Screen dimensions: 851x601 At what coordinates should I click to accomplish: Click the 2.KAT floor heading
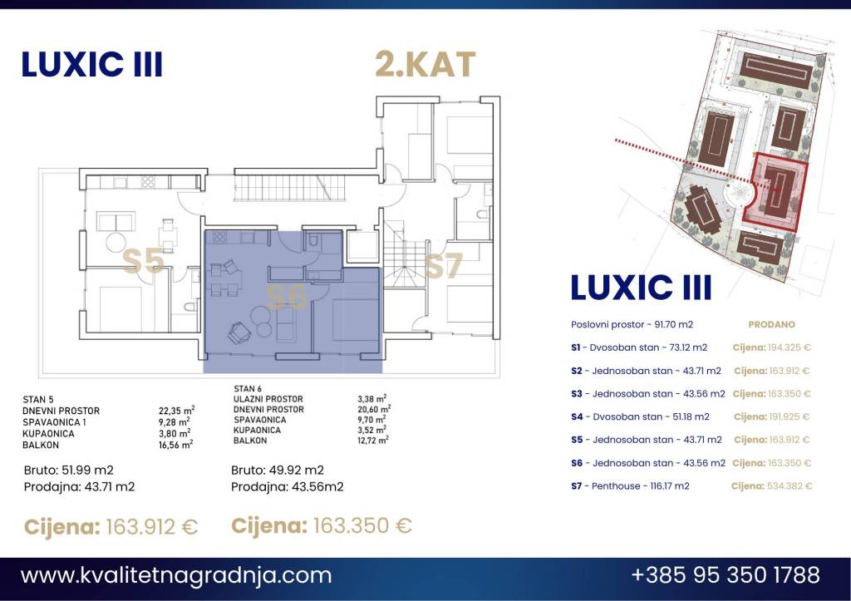[425, 64]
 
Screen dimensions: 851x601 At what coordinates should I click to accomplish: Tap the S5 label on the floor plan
[143, 261]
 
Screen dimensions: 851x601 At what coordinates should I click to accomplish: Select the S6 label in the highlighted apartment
[287, 297]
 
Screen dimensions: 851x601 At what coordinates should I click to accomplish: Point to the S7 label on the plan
[444, 265]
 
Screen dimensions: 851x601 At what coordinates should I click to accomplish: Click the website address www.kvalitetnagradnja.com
[176, 575]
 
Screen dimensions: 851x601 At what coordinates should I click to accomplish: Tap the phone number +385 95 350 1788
[726, 574]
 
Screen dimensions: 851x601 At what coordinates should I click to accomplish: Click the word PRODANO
[771, 325]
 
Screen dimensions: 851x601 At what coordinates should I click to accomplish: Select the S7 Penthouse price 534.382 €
[790, 486]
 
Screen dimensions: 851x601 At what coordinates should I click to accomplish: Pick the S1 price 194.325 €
[790, 347]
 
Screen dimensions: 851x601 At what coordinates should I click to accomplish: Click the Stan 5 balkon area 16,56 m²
[176, 445]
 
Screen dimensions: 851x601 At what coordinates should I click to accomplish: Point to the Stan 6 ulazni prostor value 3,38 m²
[371, 399]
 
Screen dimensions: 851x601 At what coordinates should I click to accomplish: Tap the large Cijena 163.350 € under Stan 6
[322, 525]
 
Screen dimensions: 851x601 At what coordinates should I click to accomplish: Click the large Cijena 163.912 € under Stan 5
[111, 527]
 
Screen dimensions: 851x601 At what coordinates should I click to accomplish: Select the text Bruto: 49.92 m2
[278, 470]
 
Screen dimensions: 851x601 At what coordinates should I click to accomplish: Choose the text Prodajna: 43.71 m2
[79, 487]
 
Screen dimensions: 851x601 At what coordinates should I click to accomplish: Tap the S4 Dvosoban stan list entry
[640, 417]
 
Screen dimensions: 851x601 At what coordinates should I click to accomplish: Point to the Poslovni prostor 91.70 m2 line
[632, 325]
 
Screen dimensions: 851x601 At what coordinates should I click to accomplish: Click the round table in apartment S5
[116, 242]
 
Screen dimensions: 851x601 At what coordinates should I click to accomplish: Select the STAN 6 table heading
[248, 389]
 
